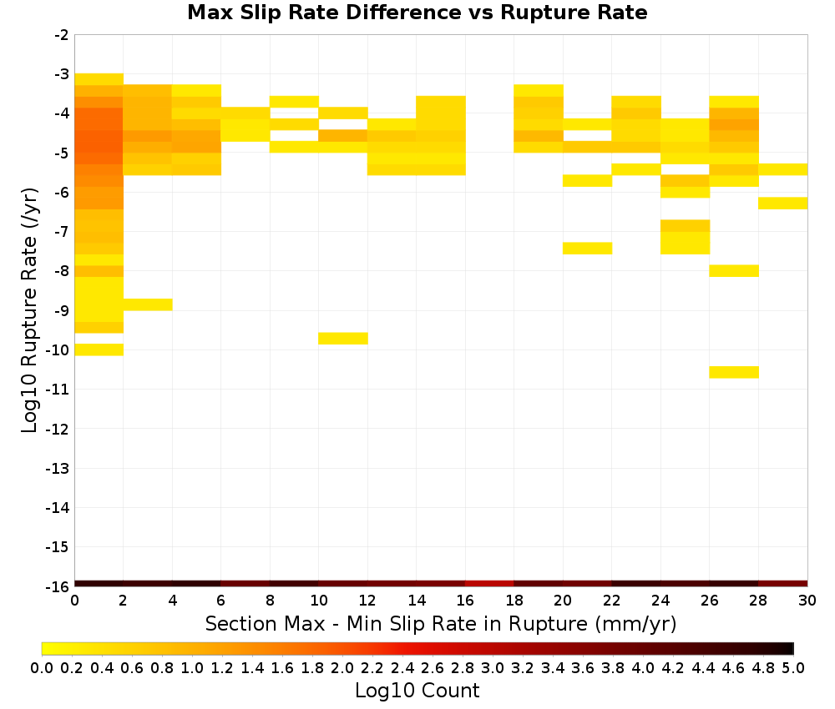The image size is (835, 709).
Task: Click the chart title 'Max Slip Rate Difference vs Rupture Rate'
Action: click(x=417, y=13)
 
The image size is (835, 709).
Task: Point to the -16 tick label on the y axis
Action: click(x=58, y=586)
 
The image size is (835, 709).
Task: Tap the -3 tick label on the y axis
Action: click(x=62, y=74)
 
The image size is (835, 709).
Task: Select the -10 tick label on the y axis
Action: click(x=58, y=350)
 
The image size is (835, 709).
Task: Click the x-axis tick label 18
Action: click(x=514, y=601)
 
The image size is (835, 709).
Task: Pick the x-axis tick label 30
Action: click(x=807, y=601)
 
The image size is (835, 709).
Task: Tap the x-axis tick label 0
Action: click(x=74, y=601)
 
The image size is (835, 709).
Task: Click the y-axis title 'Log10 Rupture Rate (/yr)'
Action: click(x=29, y=310)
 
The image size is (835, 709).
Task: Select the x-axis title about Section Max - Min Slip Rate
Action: click(x=441, y=624)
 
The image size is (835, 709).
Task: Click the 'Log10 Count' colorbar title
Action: click(x=417, y=691)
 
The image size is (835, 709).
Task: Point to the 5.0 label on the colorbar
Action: click(x=793, y=667)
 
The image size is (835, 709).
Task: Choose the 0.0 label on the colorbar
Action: click(x=42, y=667)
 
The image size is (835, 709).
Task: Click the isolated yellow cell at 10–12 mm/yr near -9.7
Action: click(x=343, y=339)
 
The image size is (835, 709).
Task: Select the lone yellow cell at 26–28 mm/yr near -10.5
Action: click(x=734, y=372)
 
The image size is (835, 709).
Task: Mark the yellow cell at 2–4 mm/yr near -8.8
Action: click(x=148, y=304)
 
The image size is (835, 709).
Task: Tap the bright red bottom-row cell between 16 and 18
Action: click(x=489, y=584)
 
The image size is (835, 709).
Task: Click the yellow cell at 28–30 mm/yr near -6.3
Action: click(x=783, y=204)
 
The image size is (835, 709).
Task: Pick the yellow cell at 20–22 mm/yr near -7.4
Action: click(x=587, y=249)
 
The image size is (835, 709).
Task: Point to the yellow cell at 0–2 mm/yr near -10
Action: click(x=99, y=349)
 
